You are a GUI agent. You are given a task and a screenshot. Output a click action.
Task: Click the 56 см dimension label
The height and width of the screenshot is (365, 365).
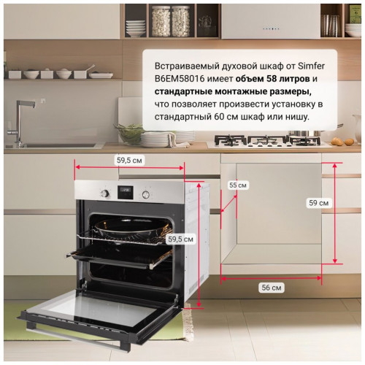272,288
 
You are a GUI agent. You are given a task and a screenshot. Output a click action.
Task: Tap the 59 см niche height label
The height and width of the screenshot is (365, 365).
319,203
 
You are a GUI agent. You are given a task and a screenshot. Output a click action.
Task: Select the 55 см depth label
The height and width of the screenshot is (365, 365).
238,185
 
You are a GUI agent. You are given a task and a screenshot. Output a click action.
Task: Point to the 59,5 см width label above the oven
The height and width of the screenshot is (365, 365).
129,161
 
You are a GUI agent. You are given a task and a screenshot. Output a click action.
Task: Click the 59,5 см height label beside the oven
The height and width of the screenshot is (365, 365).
180,239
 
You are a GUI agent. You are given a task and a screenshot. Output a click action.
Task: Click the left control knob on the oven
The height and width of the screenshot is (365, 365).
105,193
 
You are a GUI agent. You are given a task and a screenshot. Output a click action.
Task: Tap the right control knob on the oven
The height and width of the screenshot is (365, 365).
146,194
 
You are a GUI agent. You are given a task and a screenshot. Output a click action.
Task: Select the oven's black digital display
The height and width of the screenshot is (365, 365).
126,193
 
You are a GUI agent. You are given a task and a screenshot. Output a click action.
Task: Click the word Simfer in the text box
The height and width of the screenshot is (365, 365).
312,66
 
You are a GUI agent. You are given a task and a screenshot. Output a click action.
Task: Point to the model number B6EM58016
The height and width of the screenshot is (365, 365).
180,79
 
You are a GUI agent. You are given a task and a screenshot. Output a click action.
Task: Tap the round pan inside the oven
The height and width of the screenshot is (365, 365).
133,229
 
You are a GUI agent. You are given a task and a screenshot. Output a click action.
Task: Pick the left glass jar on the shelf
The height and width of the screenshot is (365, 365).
161,21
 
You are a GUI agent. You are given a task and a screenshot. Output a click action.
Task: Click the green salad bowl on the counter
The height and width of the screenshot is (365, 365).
129,134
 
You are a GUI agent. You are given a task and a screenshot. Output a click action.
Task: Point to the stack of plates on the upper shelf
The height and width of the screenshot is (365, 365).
136,28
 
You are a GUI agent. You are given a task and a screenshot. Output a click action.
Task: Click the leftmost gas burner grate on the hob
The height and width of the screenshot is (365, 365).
230,141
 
